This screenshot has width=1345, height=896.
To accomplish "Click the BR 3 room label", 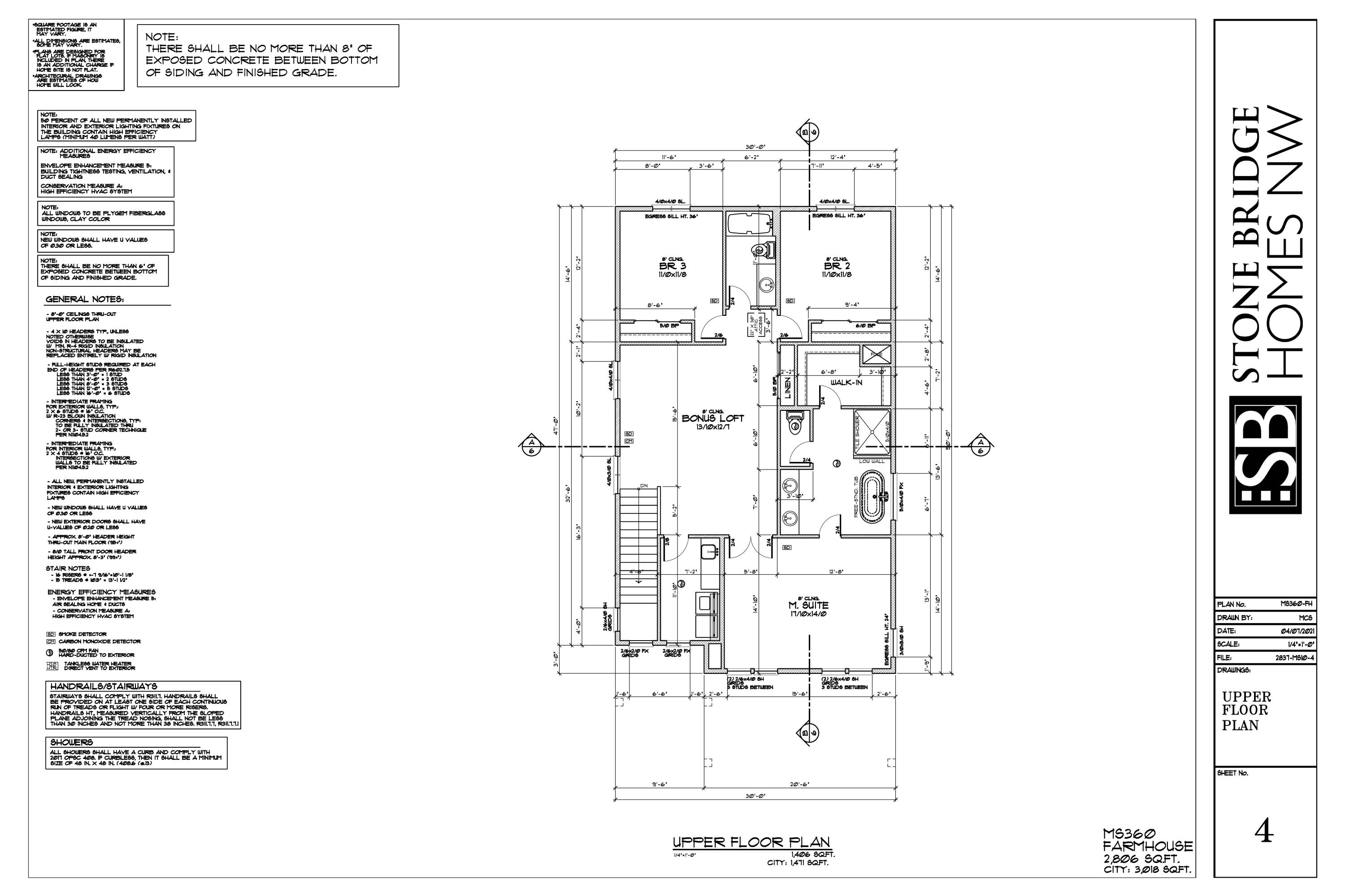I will point(672,266).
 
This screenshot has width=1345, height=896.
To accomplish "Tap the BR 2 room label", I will point(837,266).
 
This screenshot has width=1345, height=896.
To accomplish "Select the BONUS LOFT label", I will point(712,418).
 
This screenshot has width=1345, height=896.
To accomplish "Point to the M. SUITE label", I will point(808,605).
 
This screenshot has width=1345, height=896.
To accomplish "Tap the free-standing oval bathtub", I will point(872,496).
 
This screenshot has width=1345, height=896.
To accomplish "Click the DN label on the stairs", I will point(644,486).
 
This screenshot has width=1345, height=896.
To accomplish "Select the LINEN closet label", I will point(787,388).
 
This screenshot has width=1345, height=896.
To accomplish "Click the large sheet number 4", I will point(1264,831).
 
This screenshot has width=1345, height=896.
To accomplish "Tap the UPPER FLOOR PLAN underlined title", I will point(751,842).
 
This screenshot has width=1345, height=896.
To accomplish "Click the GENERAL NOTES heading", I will point(85,299).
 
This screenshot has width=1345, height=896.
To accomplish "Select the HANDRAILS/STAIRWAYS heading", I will point(103,686).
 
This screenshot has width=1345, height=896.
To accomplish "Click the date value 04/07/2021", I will point(1297,631).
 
